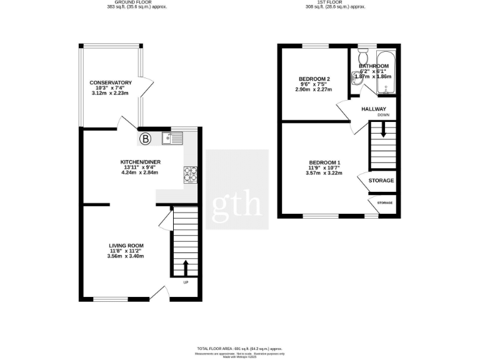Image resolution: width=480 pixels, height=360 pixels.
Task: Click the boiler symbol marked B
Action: (145, 138)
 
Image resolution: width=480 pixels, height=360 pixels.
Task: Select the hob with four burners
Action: (190, 174)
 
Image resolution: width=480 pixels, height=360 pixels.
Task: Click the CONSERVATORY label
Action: (110, 82)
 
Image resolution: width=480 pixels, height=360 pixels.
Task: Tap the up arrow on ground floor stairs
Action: (185, 267)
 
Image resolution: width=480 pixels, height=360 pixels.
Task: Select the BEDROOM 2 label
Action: (314, 79)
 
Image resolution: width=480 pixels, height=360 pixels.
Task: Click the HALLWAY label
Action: (374, 109)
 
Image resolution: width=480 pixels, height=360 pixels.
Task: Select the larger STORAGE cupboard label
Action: (381, 181)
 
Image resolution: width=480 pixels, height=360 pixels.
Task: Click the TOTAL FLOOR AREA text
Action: (239, 349)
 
